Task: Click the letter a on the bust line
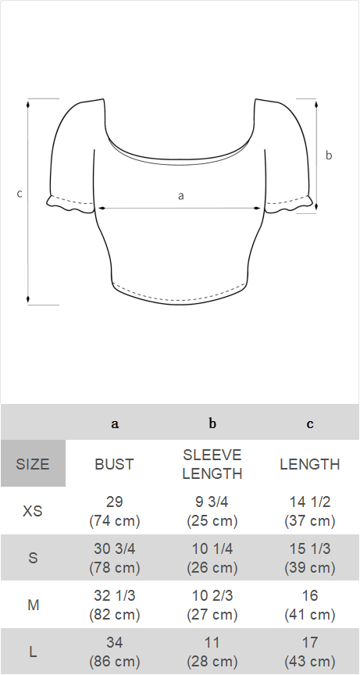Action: [180, 196]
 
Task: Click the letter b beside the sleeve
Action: [329, 155]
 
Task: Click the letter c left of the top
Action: [20, 194]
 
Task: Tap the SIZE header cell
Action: [33, 463]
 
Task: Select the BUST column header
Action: [115, 464]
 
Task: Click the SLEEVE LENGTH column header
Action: [212, 464]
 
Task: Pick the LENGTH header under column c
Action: [310, 464]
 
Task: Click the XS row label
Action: [33, 512]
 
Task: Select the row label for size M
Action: [33, 605]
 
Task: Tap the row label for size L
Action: [33, 652]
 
